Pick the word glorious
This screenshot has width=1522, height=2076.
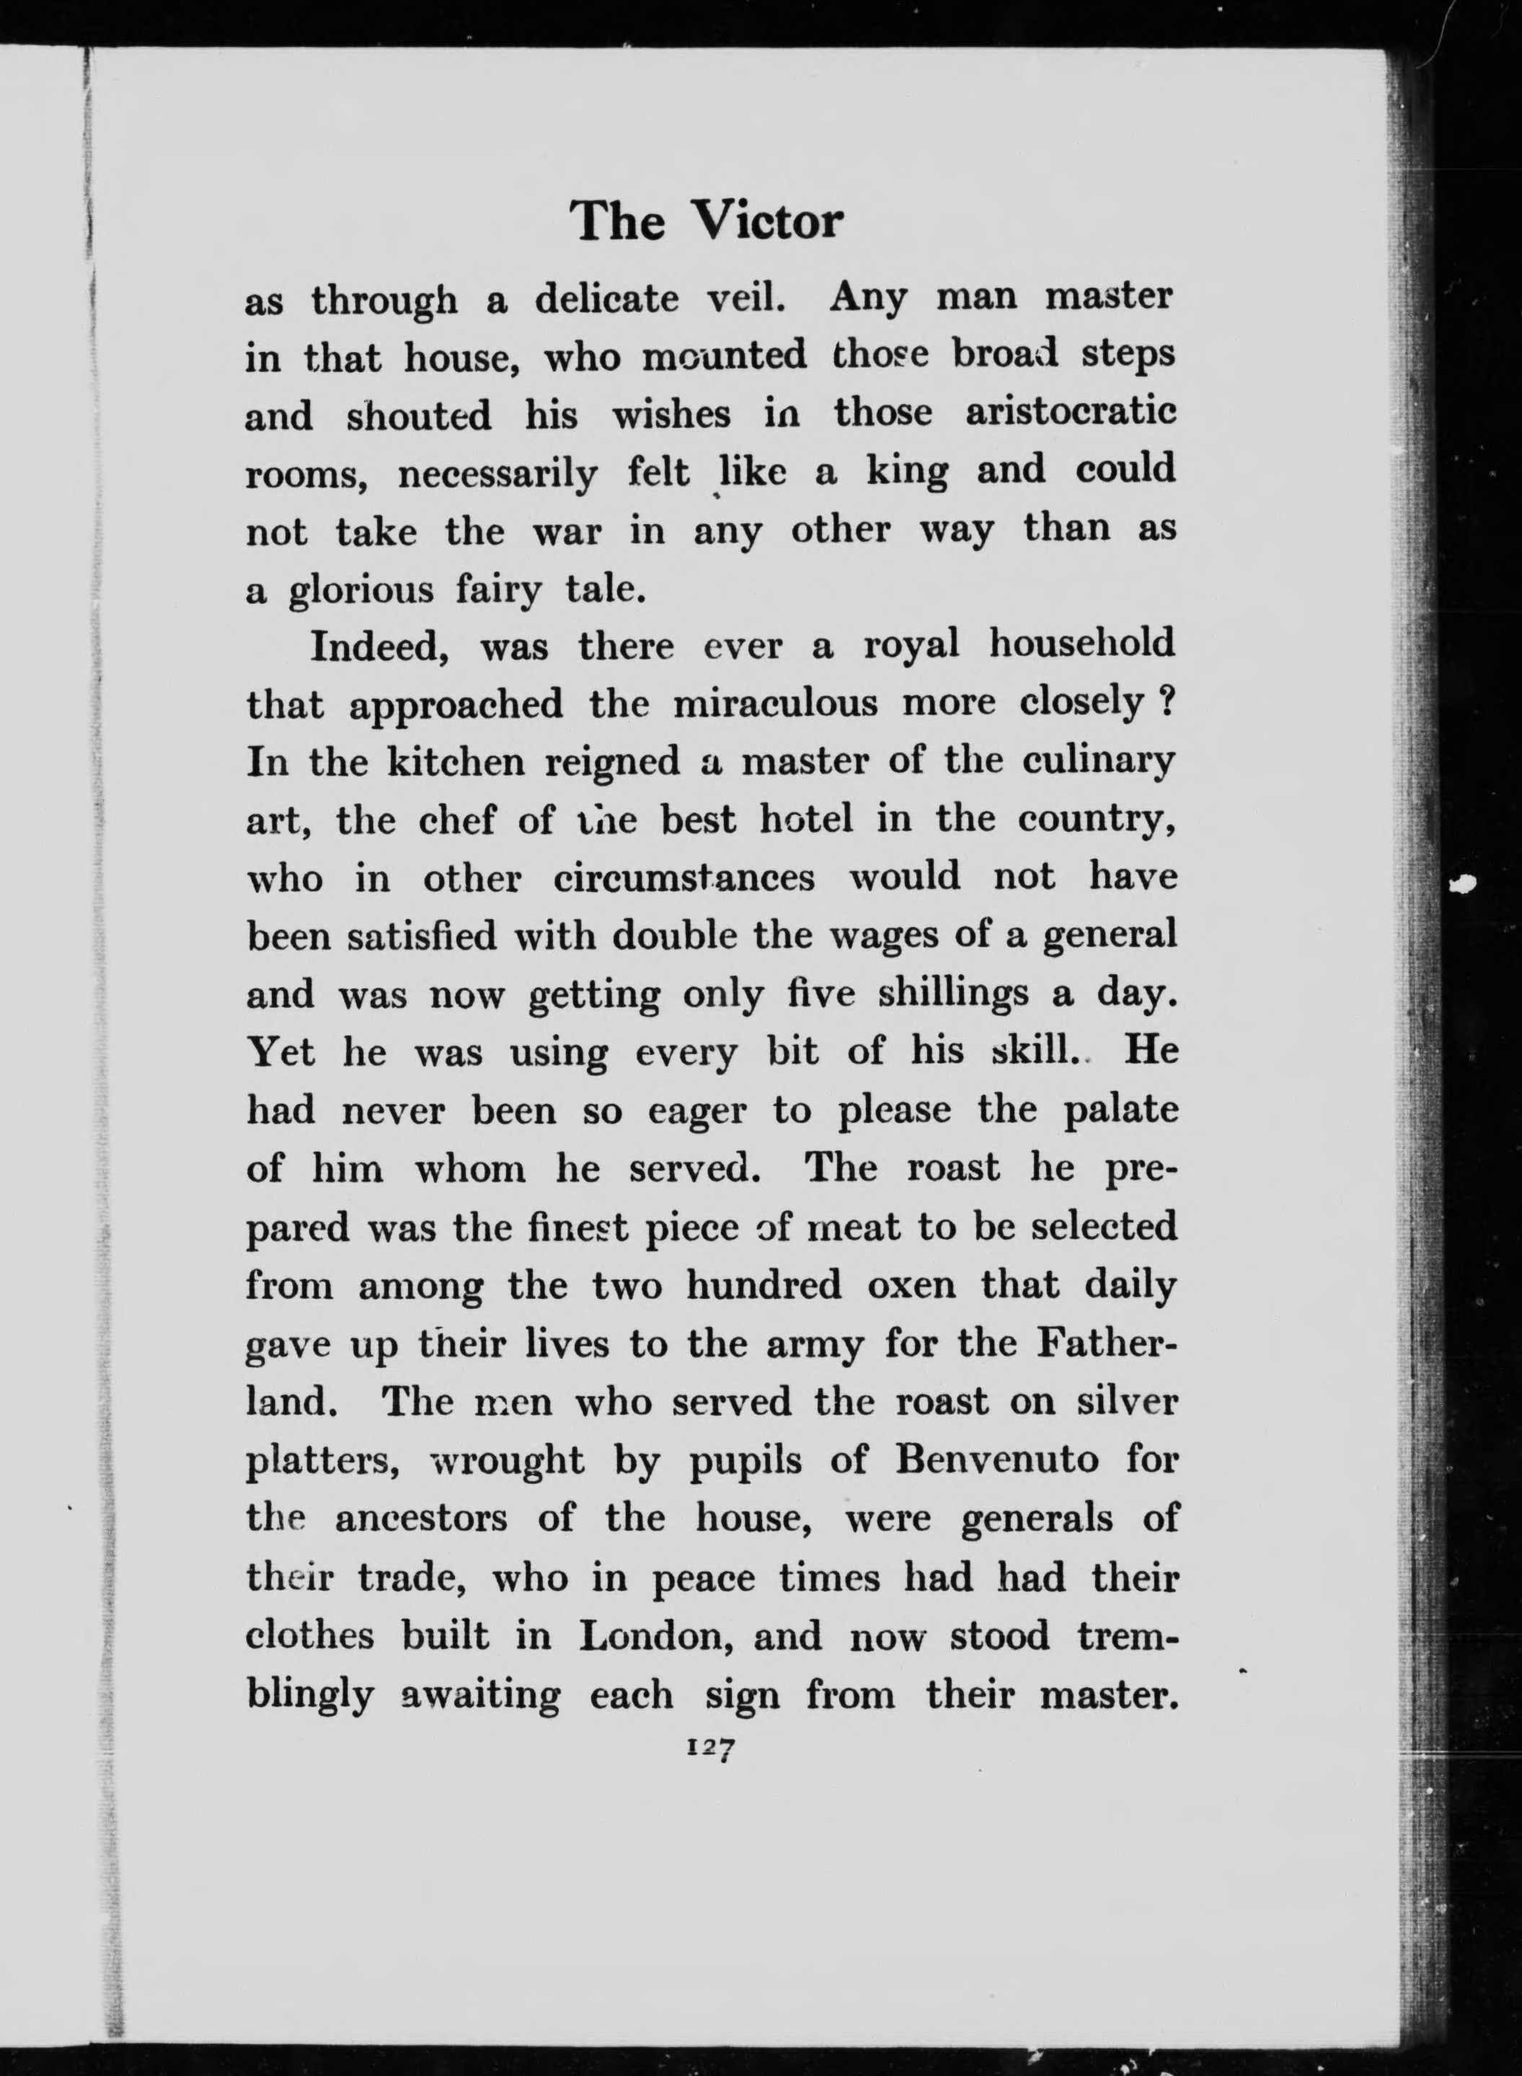(x=360, y=591)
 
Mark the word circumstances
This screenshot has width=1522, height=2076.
(x=683, y=878)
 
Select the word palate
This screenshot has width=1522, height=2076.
(x=1120, y=1110)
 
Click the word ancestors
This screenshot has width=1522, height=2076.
(x=421, y=1518)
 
